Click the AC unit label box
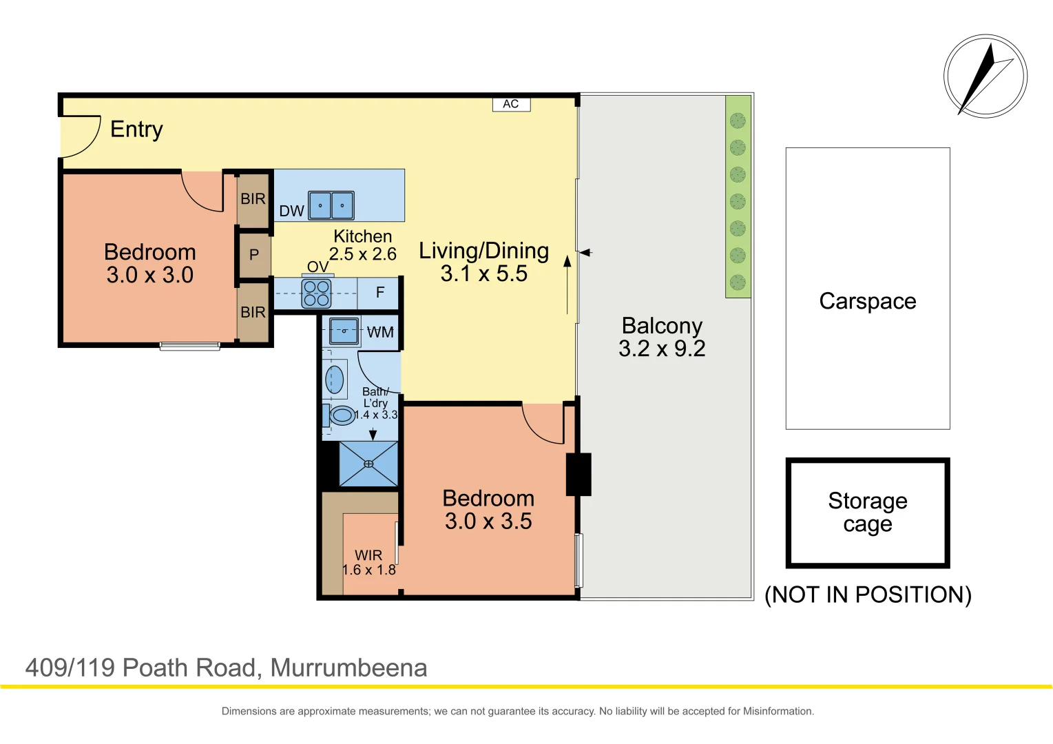[511, 104]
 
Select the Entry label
[136, 130]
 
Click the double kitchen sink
[331, 205]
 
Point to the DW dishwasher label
[291, 211]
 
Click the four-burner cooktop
[316, 293]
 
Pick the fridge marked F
[379, 293]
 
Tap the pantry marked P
[254, 255]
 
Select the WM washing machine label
[380, 332]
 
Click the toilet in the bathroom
[341, 415]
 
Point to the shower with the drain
[368, 464]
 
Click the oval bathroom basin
[335, 380]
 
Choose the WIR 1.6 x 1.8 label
[368, 563]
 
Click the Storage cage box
[868, 513]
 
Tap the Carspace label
[868, 301]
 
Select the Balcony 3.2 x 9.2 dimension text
[662, 349]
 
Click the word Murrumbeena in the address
[348, 668]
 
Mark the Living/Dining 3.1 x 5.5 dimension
[484, 273]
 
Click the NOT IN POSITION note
[868, 595]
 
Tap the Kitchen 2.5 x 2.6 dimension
[363, 254]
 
